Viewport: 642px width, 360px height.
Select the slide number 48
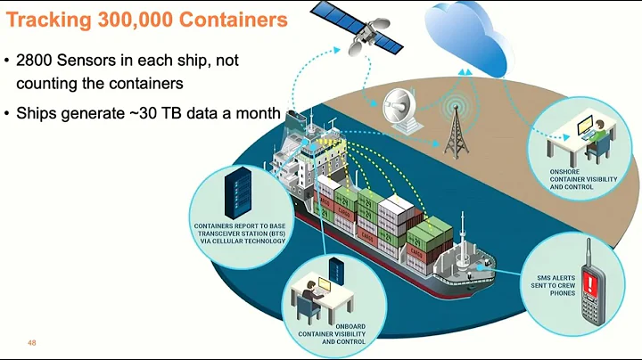pos(32,343)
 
